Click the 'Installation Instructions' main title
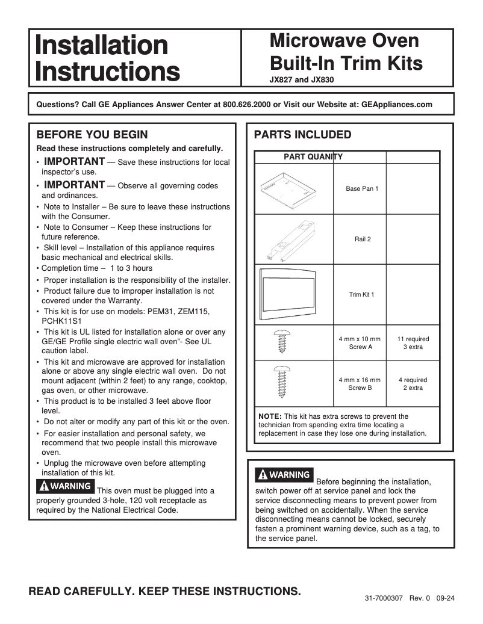(107, 58)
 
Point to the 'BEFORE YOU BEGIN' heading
(92, 134)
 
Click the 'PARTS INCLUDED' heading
(302, 134)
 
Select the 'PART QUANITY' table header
(313, 157)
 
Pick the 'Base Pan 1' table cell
(362, 189)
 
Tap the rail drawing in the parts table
(293, 239)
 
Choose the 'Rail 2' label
(363, 239)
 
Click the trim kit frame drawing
(293, 294)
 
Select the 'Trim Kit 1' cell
(362, 295)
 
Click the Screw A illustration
(281, 343)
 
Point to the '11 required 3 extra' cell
(413, 343)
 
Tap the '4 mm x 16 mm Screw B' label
(360, 384)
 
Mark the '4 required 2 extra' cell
(413, 384)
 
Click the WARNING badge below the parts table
(283, 475)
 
